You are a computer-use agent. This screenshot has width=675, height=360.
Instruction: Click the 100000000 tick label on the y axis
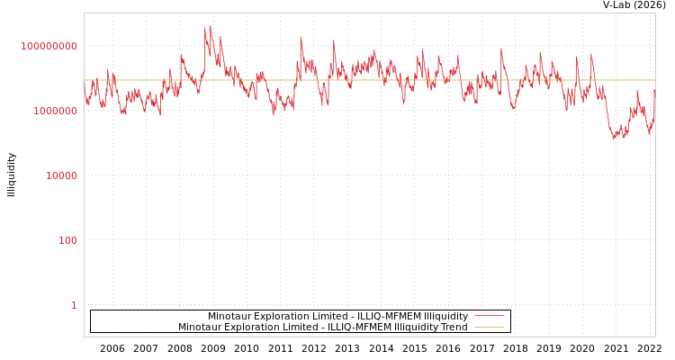coord(49,46)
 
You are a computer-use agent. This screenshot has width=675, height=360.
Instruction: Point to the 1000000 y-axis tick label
coord(55,111)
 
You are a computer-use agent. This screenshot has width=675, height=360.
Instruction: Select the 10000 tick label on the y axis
coord(61,175)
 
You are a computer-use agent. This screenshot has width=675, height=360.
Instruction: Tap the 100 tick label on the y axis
coord(68,240)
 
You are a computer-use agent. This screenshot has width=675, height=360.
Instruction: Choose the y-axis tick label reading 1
coord(74,305)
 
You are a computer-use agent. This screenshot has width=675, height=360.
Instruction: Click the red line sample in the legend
coord(489,317)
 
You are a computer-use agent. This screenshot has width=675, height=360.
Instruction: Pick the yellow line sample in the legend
coord(489,328)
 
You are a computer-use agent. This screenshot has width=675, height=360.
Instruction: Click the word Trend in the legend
coord(453,328)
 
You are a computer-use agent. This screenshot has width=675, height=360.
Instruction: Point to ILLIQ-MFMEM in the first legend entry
coord(378,317)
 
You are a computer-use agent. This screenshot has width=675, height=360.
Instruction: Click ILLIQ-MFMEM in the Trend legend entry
coord(347,328)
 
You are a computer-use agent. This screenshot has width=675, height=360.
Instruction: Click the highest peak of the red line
coord(211,26)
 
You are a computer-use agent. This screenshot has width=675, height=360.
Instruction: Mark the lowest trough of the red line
coord(614,139)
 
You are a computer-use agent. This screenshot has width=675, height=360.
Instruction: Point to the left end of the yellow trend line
coord(85,80)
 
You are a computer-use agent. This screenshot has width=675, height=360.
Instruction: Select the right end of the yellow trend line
coord(654,80)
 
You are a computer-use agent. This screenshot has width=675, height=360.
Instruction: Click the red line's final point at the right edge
coord(654,89)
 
